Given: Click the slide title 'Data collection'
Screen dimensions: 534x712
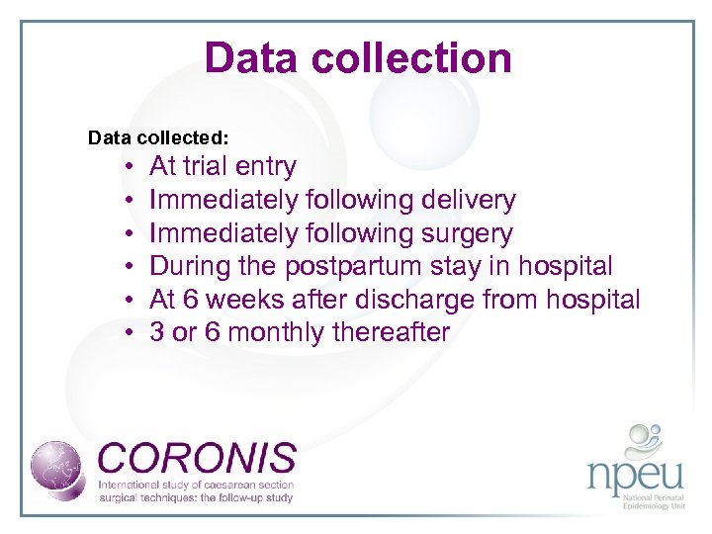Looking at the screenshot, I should (357, 58).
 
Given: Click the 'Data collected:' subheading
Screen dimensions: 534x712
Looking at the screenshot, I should (158, 136).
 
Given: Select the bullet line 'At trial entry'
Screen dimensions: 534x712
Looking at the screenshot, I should (222, 166).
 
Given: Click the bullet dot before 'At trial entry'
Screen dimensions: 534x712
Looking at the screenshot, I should (130, 167).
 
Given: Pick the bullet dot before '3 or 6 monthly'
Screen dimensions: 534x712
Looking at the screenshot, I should (130, 333).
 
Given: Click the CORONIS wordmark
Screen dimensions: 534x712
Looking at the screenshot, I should (197, 458).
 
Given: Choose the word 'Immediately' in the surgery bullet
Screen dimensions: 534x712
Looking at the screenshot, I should (223, 233).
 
